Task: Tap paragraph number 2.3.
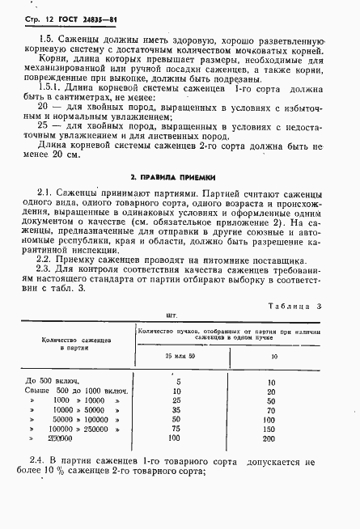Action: click(44, 270)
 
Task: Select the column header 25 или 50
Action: click(175, 356)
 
